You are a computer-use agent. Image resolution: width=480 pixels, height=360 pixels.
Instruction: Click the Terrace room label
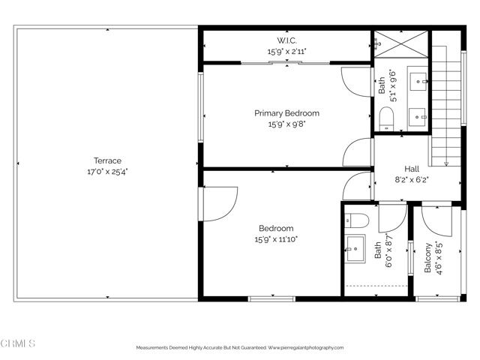coord(107,160)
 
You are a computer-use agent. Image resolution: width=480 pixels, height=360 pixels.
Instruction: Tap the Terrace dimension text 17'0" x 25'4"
coord(107,171)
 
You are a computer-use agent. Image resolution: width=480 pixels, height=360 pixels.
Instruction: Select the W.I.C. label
coord(286,40)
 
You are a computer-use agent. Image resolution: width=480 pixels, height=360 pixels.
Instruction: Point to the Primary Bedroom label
coord(286,113)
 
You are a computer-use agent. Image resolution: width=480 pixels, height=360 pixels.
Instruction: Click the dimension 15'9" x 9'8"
coord(286,124)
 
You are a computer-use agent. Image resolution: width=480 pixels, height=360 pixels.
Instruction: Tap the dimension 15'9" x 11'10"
coord(276,239)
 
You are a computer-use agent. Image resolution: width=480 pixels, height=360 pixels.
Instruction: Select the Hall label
coord(412,169)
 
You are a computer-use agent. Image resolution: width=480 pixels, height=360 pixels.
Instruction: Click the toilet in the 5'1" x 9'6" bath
coord(387,118)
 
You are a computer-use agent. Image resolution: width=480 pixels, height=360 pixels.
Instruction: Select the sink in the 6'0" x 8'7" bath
coord(355,247)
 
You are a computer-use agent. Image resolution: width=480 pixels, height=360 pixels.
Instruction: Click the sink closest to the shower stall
coord(418,79)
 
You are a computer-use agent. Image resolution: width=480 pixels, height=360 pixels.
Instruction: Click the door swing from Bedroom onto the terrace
coord(220,204)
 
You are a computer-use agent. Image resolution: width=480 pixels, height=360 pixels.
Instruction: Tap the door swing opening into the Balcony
coord(435,217)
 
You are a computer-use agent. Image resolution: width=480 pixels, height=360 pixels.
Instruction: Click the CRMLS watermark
coord(18,344)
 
